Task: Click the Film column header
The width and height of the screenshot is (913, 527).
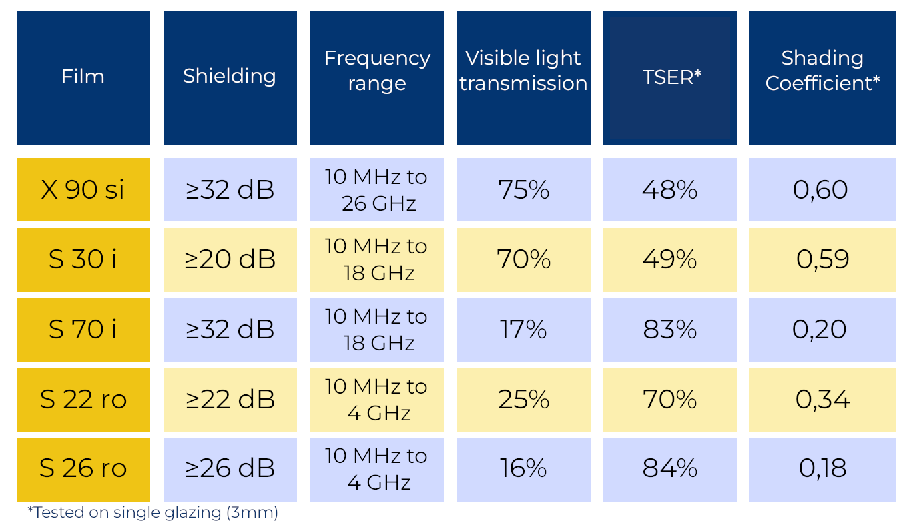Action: (x=83, y=77)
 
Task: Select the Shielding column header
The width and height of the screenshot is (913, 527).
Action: (x=230, y=77)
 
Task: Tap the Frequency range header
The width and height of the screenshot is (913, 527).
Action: (x=376, y=77)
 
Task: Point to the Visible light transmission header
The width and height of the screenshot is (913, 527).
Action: (x=523, y=77)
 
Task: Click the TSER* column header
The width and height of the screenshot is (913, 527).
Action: (x=670, y=77)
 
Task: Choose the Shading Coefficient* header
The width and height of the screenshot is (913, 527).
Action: (x=822, y=77)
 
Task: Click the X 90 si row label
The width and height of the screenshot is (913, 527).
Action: (x=83, y=190)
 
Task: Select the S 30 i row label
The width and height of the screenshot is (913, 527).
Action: (x=83, y=259)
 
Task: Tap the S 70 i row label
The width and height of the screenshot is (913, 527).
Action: (x=83, y=330)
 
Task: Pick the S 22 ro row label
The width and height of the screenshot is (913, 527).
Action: (x=83, y=399)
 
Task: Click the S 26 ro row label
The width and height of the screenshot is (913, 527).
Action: (x=83, y=469)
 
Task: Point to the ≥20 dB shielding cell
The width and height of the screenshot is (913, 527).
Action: (x=230, y=259)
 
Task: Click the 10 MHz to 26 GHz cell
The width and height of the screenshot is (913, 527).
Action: (x=376, y=190)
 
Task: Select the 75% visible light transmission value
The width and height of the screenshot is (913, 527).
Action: (x=523, y=190)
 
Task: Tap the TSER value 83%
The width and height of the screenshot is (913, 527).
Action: (x=670, y=330)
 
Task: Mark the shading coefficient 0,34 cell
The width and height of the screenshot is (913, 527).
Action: (x=822, y=399)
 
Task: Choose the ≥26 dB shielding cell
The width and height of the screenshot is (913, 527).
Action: (x=230, y=469)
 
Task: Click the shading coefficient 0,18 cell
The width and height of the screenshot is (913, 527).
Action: (x=822, y=469)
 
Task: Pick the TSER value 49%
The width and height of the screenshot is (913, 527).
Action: (x=670, y=259)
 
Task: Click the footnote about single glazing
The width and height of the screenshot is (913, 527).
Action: (x=153, y=512)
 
